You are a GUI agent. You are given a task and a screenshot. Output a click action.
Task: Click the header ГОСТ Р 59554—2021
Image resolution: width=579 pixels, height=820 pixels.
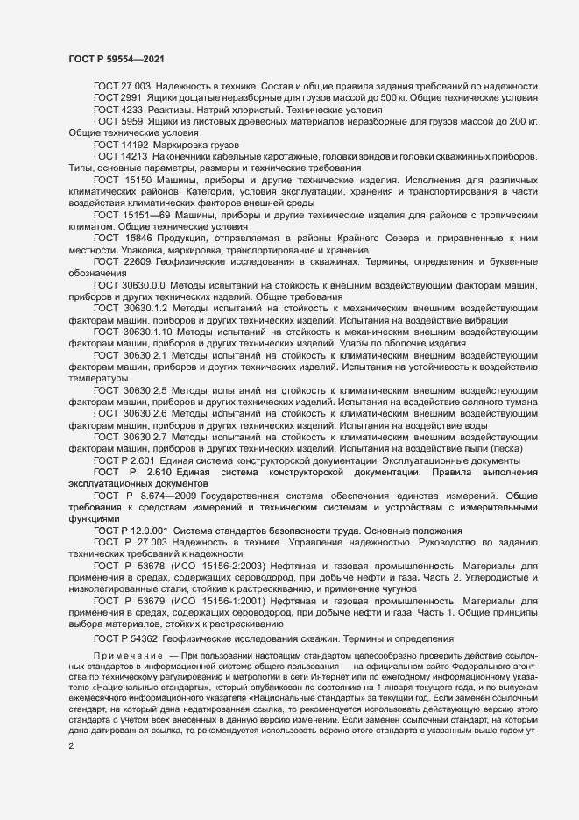coord(114,59)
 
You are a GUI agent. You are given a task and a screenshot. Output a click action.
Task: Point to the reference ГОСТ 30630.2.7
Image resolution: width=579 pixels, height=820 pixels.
coord(130,436)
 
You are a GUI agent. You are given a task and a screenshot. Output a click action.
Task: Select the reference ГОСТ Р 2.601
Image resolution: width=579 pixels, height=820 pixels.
coord(124,460)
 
